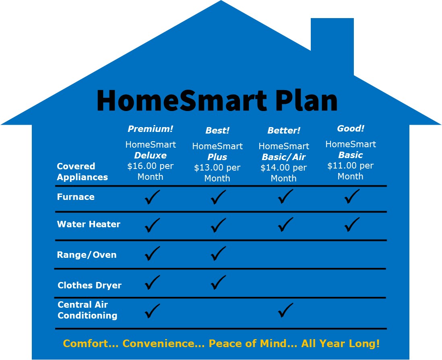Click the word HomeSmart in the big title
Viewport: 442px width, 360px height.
tap(182, 101)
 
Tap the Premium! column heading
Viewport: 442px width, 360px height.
tap(150, 129)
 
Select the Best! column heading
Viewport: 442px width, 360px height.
tap(217, 130)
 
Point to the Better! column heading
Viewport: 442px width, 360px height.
tap(283, 130)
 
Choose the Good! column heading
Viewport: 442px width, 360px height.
tap(350, 128)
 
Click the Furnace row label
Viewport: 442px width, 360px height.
tap(76, 197)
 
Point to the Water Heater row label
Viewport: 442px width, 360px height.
tap(89, 224)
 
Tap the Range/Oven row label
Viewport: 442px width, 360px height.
tap(87, 255)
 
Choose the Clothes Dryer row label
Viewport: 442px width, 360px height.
tap(89, 285)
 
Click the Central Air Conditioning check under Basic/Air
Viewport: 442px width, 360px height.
tap(285, 310)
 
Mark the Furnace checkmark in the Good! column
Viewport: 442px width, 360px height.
tap(352, 196)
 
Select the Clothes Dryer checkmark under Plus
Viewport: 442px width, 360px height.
tap(218, 282)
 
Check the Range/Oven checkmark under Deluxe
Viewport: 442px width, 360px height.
tap(152, 253)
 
